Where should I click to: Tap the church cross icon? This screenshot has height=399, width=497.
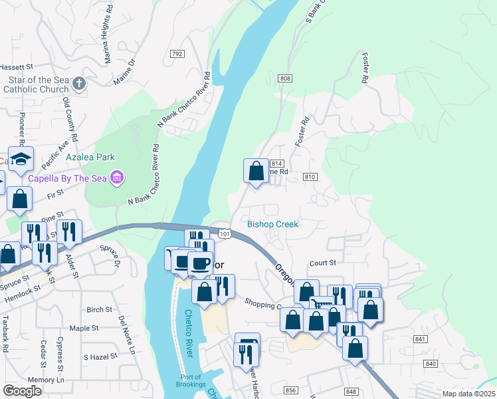click(79, 84)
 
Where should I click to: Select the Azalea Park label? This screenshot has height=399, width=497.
click(90, 158)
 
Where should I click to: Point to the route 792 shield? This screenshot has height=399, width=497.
click(177, 54)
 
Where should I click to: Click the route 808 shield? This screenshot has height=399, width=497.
click(286, 78)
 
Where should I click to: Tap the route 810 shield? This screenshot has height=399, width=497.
click(310, 177)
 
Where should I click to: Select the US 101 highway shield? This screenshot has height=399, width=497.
click(225, 233)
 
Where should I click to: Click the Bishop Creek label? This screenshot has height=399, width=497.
click(272, 224)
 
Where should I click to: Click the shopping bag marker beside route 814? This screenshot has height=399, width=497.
click(256, 172)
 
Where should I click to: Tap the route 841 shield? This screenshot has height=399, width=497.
click(419, 339)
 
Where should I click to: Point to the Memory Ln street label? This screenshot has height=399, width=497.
click(50, 380)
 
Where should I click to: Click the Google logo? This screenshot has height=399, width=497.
click(23, 390)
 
